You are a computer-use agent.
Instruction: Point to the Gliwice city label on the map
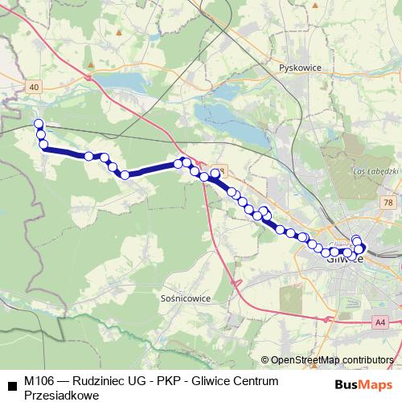click(x=346, y=259)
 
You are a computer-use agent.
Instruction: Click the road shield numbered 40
click(x=32, y=86)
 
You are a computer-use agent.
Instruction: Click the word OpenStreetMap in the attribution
click(x=309, y=360)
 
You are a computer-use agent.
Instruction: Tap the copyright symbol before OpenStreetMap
click(x=265, y=360)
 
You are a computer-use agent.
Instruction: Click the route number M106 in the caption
click(x=39, y=380)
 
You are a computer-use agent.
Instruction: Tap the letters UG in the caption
click(x=142, y=380)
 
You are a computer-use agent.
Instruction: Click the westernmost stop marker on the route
click(x=38, y=124)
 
